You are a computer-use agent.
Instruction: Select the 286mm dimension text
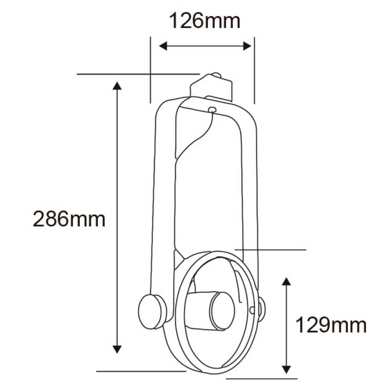(69, 219)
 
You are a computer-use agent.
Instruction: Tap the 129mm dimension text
(330, 325)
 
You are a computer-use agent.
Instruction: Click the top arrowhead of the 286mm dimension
(117, 85)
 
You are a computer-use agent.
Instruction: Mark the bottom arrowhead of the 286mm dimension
(117, 349)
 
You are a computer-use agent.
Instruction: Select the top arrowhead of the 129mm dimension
(287, 281)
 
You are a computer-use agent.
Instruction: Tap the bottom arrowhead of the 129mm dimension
(287, 369)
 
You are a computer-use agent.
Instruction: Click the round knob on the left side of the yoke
(151, 312)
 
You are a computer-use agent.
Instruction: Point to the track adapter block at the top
(212, 88)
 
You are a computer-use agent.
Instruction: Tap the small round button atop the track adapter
(216, 75)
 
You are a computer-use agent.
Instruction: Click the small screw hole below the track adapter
(212, 110)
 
